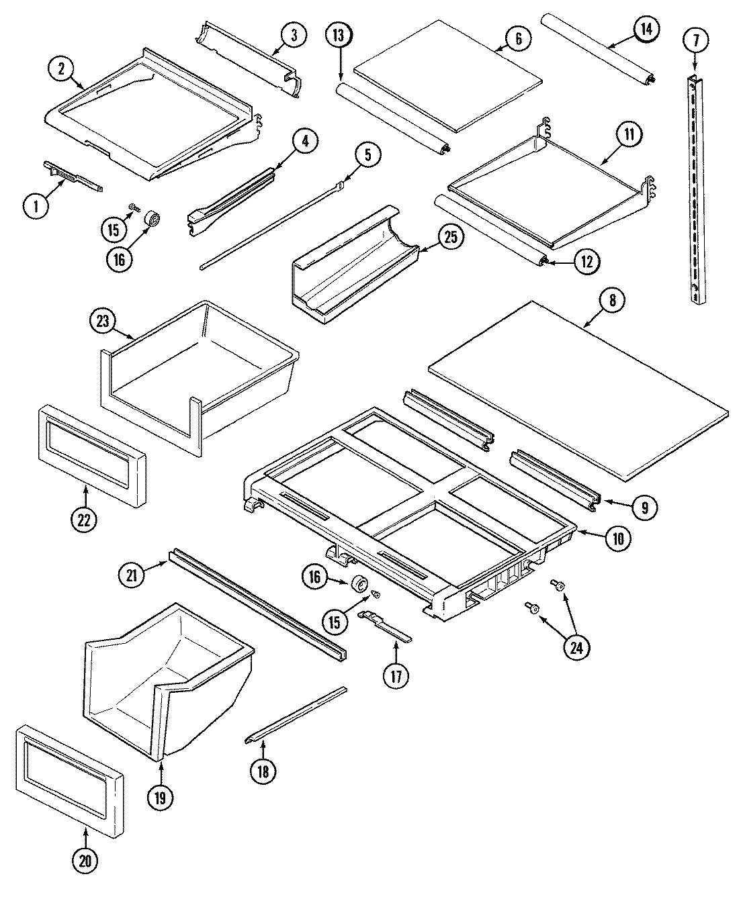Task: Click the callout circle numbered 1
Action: click(x=37, y=206)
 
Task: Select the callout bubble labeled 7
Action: click(x=695, y=40)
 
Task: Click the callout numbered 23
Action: click(x=103, y=321)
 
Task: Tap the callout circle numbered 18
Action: click(x=263, y=771)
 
